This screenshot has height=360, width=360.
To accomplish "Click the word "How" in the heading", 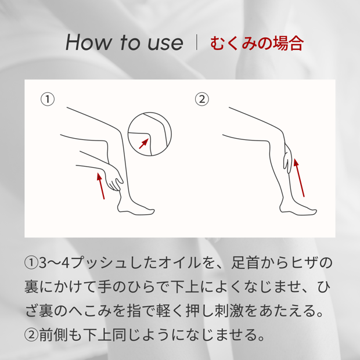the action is coord(88,42).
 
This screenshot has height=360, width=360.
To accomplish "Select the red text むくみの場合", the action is coord(257,43).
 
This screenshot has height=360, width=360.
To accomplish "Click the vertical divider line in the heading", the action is coord(196,42).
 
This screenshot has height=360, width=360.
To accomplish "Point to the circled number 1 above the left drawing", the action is coord(48,99).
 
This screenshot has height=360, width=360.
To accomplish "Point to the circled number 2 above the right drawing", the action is coord(202,99).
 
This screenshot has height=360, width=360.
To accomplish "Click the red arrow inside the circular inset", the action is coord(144,143).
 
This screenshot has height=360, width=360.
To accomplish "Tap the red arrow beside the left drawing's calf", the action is coord(101,186).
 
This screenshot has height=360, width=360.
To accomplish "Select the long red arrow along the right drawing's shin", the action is coord(300,178).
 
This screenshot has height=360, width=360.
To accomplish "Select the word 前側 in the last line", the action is coord(53,334).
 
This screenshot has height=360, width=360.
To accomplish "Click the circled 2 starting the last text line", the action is coord(31,335).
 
